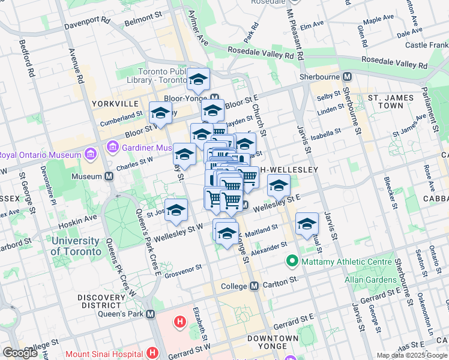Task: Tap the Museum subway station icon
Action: coord(109,176)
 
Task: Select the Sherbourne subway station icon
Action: coord(347,77)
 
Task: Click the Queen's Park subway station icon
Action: coord(150,314)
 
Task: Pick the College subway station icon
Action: coord(254,286)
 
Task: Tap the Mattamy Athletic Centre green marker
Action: coord(292,261)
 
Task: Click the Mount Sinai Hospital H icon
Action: coord(152,353)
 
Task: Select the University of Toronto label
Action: coord(76,246)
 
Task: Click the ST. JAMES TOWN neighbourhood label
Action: coord(394,101)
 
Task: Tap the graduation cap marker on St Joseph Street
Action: coord(176,210)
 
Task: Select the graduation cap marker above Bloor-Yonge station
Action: coord(197,79)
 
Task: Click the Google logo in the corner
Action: coord(20,353)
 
